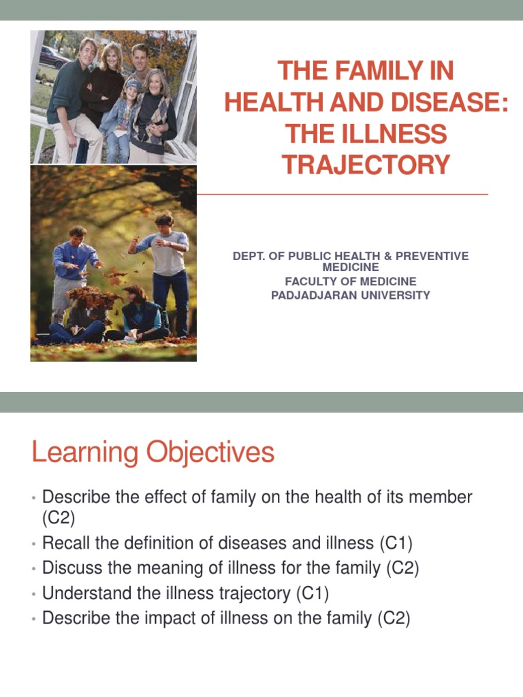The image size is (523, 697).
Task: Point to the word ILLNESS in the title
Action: pyautogui.click(x=398, y=133)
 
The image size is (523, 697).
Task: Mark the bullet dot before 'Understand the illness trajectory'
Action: pyautogui.click(x=33, y=594)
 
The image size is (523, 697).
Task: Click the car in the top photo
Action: pyautogui.click(x=53, y=56)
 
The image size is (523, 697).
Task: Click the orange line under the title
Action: pyautogui.click(x=342, y=195)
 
